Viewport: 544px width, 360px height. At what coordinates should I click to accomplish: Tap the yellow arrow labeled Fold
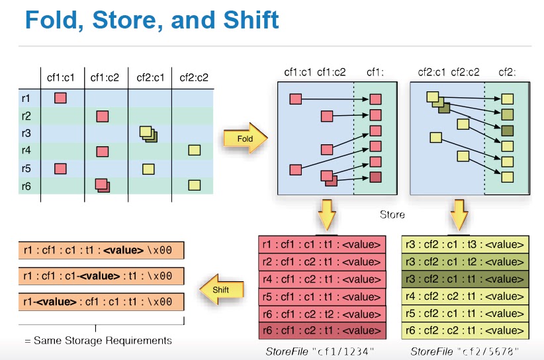(x=244, y=138)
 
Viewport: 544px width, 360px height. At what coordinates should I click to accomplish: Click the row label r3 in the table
(x=26, y=132)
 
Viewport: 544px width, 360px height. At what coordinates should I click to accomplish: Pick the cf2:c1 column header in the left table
(x=150, y=77)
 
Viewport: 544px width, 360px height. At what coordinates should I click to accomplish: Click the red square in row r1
(x=60, y=98)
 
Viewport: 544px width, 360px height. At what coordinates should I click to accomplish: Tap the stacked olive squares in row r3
(x=148, y=133)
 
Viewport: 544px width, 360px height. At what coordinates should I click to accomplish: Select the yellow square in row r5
(x=148, y=168)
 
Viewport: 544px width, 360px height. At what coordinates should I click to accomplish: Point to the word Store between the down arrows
(x=392, y=214)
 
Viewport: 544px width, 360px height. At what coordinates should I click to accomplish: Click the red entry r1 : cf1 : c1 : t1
(x=321, y=245)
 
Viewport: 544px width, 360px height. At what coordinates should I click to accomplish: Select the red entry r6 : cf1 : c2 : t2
(x=321, y=313)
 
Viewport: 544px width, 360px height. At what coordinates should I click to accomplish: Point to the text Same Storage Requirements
(x=98, y=340)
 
